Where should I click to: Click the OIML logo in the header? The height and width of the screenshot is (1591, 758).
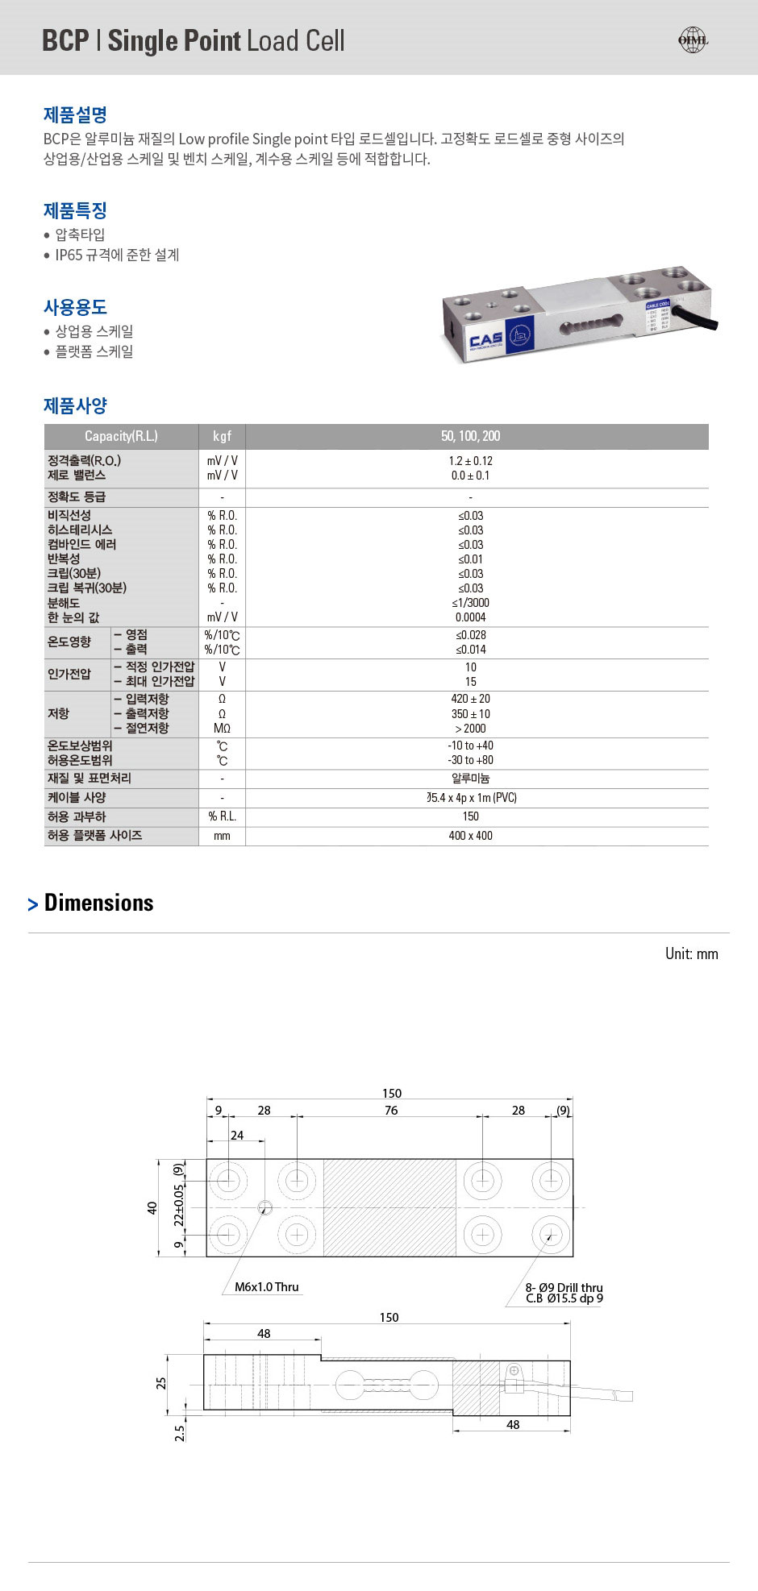(692, 40)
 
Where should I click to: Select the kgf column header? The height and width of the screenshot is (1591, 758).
(222, 436)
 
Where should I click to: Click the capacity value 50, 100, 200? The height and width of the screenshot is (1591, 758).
(470, 436)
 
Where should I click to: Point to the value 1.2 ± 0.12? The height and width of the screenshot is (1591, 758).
(470, 461)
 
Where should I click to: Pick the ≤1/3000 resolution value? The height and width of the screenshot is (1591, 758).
(470, 603)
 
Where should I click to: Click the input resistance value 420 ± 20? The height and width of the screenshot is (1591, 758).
(470, 699)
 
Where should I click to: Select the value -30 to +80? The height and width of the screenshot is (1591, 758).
(470, 760)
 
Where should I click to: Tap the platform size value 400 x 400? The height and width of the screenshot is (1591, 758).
(470, 836)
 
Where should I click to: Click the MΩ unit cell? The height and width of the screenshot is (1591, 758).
(222, 729)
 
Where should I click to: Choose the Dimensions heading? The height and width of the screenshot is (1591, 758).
(98, 903)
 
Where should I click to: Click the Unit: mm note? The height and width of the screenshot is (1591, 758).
(691, 953)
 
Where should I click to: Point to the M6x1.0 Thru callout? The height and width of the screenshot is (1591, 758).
(266, 1287)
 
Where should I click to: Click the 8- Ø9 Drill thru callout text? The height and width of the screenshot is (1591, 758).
(564, 1288)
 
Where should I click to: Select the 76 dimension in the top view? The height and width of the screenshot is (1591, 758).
(391, 1110)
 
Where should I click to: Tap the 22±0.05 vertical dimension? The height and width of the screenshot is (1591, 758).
(179, 1205)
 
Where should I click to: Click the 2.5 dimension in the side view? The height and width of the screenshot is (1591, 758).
(180, 1433)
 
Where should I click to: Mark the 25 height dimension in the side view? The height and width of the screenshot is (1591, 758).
(161, 1382)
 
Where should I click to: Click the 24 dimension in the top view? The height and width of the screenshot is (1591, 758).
(236, 1135)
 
